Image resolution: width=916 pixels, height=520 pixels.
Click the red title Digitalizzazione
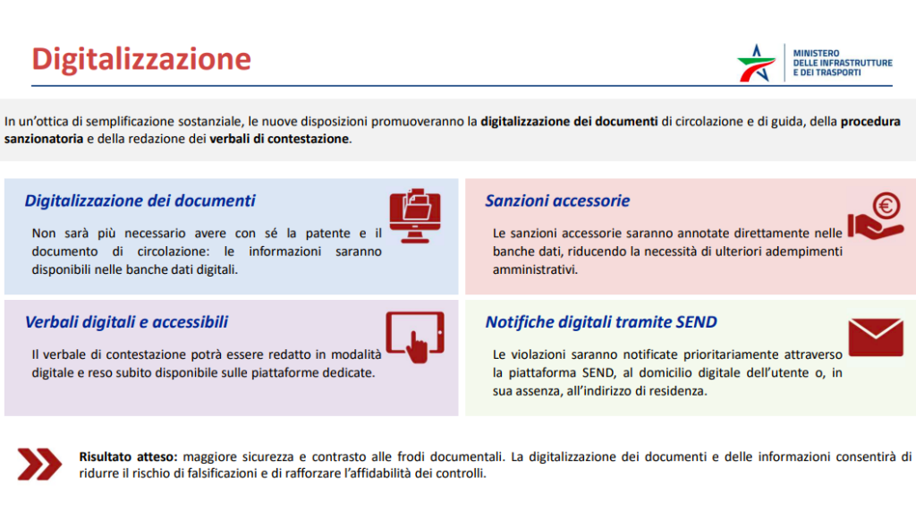click(141, 59)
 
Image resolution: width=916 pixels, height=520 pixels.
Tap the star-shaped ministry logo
click(757, 64)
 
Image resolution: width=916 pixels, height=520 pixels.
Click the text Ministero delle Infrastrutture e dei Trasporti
click(842, 63)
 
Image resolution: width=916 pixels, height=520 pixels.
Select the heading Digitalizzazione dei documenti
click(140, 200)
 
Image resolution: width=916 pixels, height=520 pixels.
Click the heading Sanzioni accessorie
click(557, 200)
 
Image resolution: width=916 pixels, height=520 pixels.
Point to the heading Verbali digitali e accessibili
click(126, 322)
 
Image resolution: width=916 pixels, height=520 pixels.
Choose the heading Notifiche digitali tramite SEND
click(601, 322)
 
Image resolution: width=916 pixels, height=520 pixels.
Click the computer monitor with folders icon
click(415, 216)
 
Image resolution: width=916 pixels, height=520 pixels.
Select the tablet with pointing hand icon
click(415, 337)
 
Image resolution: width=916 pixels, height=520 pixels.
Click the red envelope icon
click(876, 337)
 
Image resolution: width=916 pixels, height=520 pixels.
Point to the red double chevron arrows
click(39, 465)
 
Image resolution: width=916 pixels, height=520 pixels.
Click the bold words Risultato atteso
click(128, 456)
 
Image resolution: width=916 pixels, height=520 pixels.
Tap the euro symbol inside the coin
click(886, 206)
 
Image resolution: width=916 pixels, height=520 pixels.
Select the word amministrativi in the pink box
click(535, 269)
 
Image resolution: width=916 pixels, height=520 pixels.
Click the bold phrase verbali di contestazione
click(279, 139)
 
